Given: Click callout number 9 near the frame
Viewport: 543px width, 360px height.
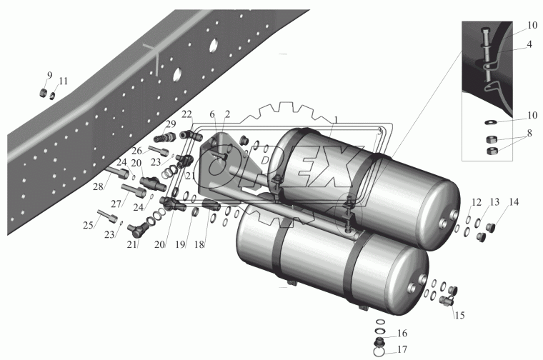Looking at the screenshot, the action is pos(50,75).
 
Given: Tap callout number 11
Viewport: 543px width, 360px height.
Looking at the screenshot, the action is pos(63,81).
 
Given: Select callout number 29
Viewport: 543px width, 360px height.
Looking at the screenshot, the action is pos(171,124).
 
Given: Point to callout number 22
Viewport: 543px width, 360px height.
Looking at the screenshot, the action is pos(186,114).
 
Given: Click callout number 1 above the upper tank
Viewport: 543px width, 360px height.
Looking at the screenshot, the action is pos(336,120).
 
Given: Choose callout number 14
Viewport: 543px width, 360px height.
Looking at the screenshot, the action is pos(514,202).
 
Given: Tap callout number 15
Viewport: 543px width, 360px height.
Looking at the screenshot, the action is pos(459,315).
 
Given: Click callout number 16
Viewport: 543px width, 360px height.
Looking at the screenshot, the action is pos(402,333).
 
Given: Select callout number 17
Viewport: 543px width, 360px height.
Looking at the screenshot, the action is pos(402,349).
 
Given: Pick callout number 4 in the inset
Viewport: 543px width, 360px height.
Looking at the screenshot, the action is pos(529,45).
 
